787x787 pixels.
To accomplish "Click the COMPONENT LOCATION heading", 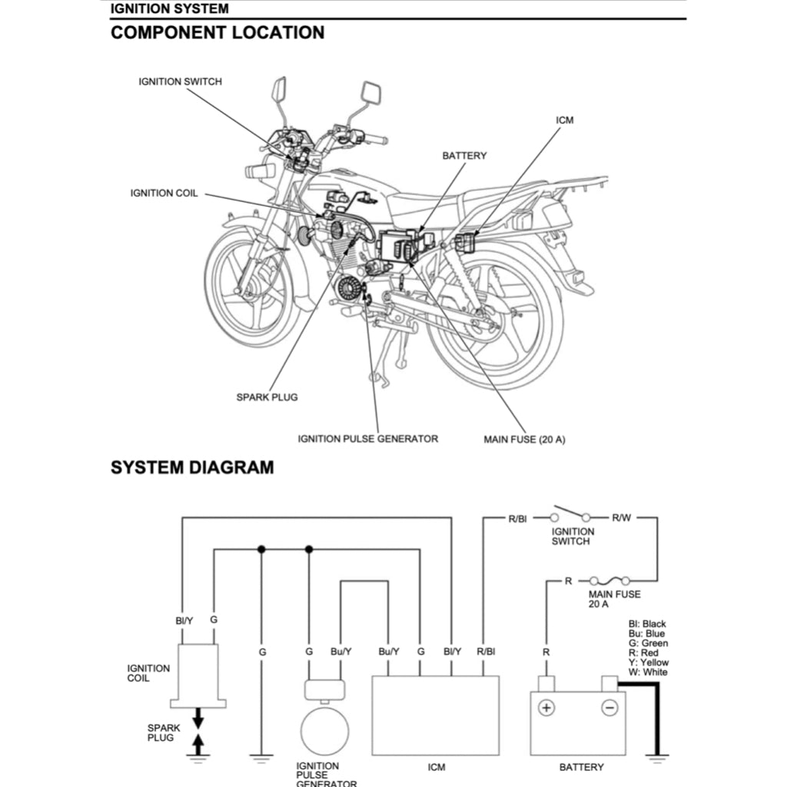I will tap(218, 33).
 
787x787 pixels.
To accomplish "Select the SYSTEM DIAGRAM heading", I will tap(192, 467).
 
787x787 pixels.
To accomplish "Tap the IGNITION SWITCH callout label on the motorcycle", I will tap(180, 81).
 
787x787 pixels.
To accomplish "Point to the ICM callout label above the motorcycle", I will tap(564, 121).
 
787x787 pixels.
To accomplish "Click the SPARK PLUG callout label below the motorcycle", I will tap(267, 397).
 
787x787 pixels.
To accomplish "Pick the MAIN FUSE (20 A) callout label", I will tap(524, 440).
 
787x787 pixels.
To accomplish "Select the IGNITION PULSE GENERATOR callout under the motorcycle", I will tap(367, 439).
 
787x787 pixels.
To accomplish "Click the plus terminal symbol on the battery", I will tap(546, 708).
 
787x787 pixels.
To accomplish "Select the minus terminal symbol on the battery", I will tap(609, 708).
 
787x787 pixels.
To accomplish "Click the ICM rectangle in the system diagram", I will tap(435, 715).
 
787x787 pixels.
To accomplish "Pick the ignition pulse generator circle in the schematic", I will tap(324, 731).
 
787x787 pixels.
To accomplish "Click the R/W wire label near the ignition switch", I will tap(621, 518).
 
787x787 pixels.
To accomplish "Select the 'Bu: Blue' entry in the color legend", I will tap(646, 633).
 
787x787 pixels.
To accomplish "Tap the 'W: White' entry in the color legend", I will tap(648, 672).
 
